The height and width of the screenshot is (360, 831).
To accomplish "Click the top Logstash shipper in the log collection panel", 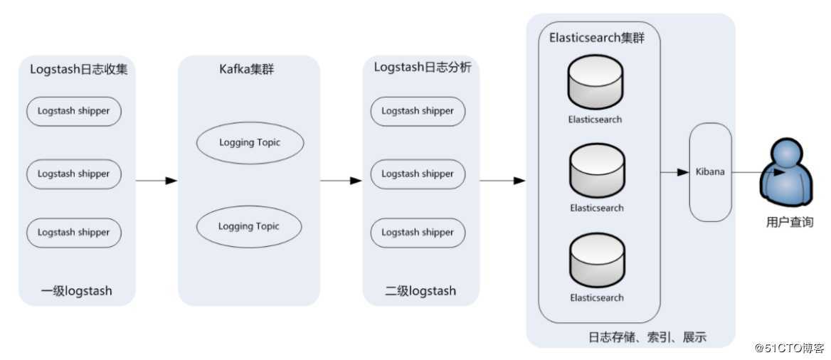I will (74, 112).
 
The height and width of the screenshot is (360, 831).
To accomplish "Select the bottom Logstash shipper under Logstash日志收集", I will (74, 233).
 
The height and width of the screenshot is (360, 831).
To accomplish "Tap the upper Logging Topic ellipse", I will (250, 143).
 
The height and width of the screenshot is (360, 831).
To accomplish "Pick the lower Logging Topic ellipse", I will (250, 227).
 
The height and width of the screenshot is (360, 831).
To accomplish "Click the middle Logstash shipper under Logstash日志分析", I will (418, 174).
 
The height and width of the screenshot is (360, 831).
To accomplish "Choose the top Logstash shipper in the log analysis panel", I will (418, 111).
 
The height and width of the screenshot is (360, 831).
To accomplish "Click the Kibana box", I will (710, 172).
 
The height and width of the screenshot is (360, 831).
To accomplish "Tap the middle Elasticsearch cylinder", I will (596, 173).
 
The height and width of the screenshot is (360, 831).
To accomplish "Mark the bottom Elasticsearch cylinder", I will (596, 263).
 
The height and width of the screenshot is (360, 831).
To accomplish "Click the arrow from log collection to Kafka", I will (156, 181).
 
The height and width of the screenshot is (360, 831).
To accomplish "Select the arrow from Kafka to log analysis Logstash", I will (341, 181).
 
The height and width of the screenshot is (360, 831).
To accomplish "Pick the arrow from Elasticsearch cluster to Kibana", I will (674, 172).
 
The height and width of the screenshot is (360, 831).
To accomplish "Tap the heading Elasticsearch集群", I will (597, 38).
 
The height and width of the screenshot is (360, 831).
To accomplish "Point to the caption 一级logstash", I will (76, 291).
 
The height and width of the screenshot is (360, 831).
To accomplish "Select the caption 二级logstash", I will (420, 291).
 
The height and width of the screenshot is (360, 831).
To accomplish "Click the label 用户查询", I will (789, 222).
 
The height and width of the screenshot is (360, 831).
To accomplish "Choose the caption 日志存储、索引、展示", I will (647, 337).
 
